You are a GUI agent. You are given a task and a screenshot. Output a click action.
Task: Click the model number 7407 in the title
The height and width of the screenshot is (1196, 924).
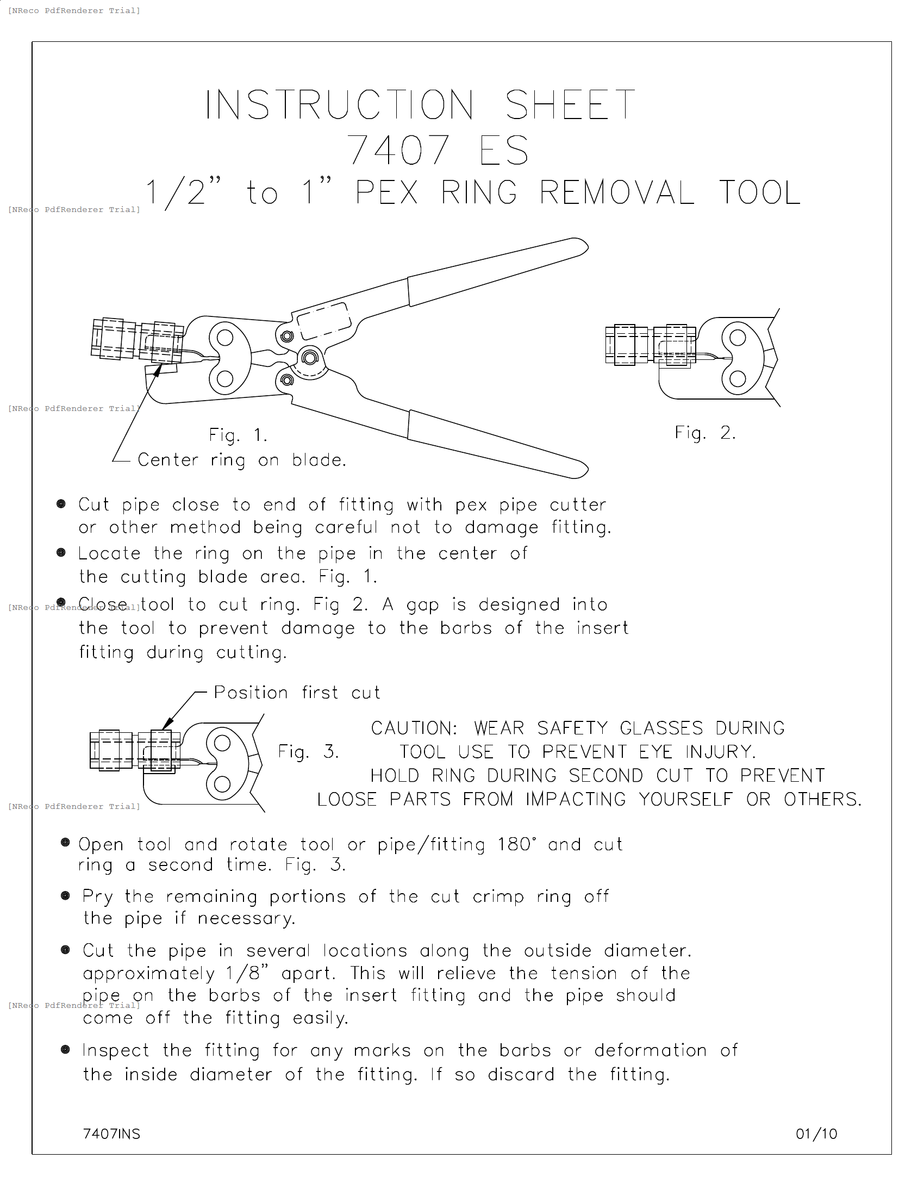(399, 150)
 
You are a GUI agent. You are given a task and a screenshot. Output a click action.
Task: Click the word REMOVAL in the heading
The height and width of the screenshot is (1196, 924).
(617, 193)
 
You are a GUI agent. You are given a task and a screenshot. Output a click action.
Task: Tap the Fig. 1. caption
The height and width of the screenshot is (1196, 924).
(238, 435)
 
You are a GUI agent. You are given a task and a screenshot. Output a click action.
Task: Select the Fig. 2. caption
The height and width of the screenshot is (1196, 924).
(705, 433)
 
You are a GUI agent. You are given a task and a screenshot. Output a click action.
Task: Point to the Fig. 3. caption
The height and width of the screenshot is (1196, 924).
(308, 751)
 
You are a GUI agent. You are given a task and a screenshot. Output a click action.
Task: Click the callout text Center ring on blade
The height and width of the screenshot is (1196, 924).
(242, 460)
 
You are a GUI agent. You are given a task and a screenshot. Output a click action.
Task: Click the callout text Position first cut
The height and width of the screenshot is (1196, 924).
(297, 693)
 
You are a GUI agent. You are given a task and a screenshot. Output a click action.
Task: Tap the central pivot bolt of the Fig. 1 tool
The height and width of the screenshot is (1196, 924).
(310, 358)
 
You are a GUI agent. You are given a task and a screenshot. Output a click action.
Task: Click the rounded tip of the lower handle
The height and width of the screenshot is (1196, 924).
(582, 470)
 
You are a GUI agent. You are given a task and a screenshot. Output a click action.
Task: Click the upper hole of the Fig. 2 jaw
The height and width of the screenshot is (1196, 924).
(738, 338)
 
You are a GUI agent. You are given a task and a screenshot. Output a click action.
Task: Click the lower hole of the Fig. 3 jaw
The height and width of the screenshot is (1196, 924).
(222, 784)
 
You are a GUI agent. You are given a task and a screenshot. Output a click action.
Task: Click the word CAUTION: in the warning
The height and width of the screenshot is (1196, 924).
(414, 728)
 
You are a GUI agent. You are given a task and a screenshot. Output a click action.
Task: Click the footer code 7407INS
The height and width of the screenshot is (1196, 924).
(111, 1134)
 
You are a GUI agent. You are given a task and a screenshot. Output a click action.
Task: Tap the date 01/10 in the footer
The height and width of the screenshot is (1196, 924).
(816, 1134)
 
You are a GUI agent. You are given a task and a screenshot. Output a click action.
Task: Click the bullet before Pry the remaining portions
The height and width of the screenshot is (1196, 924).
(65, 896)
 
